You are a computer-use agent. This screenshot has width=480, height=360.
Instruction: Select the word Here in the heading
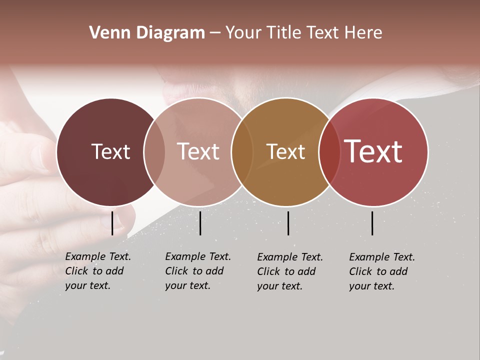tap(363, 33)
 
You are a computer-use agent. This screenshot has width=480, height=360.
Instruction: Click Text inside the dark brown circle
tap(110, 151)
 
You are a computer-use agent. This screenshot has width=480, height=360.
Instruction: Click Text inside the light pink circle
tap(198, 151)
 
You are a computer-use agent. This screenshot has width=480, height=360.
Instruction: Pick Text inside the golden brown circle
tap(285, 151)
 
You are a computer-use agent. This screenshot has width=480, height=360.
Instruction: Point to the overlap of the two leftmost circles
tap(154, 152)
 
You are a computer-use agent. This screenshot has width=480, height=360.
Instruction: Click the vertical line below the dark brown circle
tap(112, 223)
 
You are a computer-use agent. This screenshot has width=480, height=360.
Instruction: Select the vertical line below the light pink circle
tap(200, 223)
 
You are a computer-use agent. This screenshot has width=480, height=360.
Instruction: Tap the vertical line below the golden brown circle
tap(288, 223)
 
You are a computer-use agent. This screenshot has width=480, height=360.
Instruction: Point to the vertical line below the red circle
tap(372, 223)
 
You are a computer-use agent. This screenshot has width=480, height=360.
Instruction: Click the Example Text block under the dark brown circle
tap(97, 271)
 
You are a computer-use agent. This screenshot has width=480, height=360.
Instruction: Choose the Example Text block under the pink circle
tap(197, 271)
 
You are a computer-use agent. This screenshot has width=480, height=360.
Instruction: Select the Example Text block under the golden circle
tap(289, 271)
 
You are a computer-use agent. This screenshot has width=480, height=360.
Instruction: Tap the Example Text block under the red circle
tap(381, 271)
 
